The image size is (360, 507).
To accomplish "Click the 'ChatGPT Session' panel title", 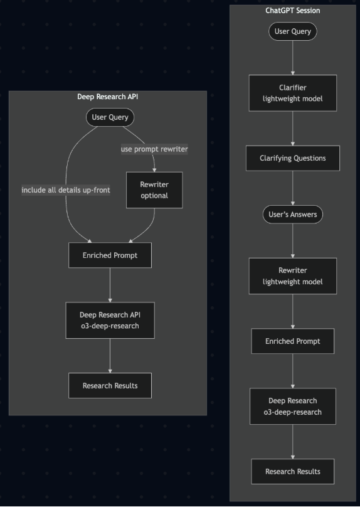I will click(x=292, y=10).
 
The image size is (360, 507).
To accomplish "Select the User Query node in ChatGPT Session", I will click(x=292, y=31).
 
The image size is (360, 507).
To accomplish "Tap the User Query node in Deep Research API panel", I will click(x=110, y=117).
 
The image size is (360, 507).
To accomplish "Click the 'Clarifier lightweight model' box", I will click(x=292, y=93).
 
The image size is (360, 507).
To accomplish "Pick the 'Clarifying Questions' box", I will click(x=292, y=158).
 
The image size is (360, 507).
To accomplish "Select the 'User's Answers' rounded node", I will click(x=292, y=215).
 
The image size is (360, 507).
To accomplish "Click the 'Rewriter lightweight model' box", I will click(x=292, y=276).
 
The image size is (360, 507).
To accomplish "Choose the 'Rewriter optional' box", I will click(x=154, y=190).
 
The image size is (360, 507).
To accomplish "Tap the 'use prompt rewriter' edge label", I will click(x=154, y=149).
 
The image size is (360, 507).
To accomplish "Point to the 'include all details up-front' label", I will click(x=66, y=190).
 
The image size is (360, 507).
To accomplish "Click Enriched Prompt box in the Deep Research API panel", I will click(x=110, y=255).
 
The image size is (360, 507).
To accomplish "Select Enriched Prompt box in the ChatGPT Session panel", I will click(x=292, y=341).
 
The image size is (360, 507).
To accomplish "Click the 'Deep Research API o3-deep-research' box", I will click(x=110, y=320).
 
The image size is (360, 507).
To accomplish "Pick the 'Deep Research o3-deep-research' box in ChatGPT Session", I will click(x=292, y=406).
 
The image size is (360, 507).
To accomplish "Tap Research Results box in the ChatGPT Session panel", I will click(x=292, y=471).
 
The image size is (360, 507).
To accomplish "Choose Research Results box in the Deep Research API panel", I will click(x=110, y=385).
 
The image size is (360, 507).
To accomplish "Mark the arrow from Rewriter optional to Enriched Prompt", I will click(x=147, y=227).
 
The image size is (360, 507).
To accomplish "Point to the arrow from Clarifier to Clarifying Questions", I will click(x=292, y=128).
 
